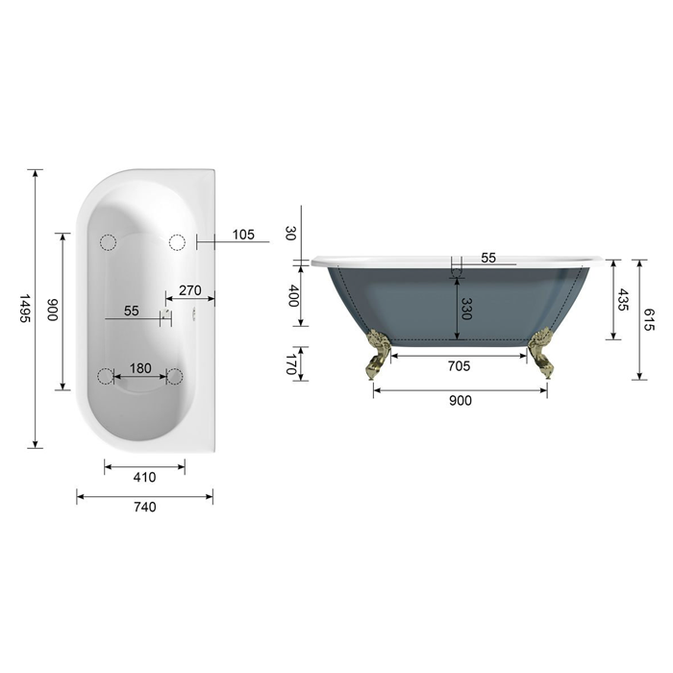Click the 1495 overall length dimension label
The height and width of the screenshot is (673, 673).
(25, 309)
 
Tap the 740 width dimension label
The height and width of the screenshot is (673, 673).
(144, 507)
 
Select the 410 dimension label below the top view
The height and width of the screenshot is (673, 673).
(144, 477)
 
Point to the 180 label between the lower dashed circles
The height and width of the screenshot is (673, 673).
(140, 368)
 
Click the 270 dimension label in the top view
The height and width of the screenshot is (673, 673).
(190, 290)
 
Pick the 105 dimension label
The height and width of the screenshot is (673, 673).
(243, 235)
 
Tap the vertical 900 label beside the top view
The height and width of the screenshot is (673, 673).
(52, 310)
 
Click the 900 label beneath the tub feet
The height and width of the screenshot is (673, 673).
(461, 401)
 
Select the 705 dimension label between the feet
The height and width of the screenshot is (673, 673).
(459, 366)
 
